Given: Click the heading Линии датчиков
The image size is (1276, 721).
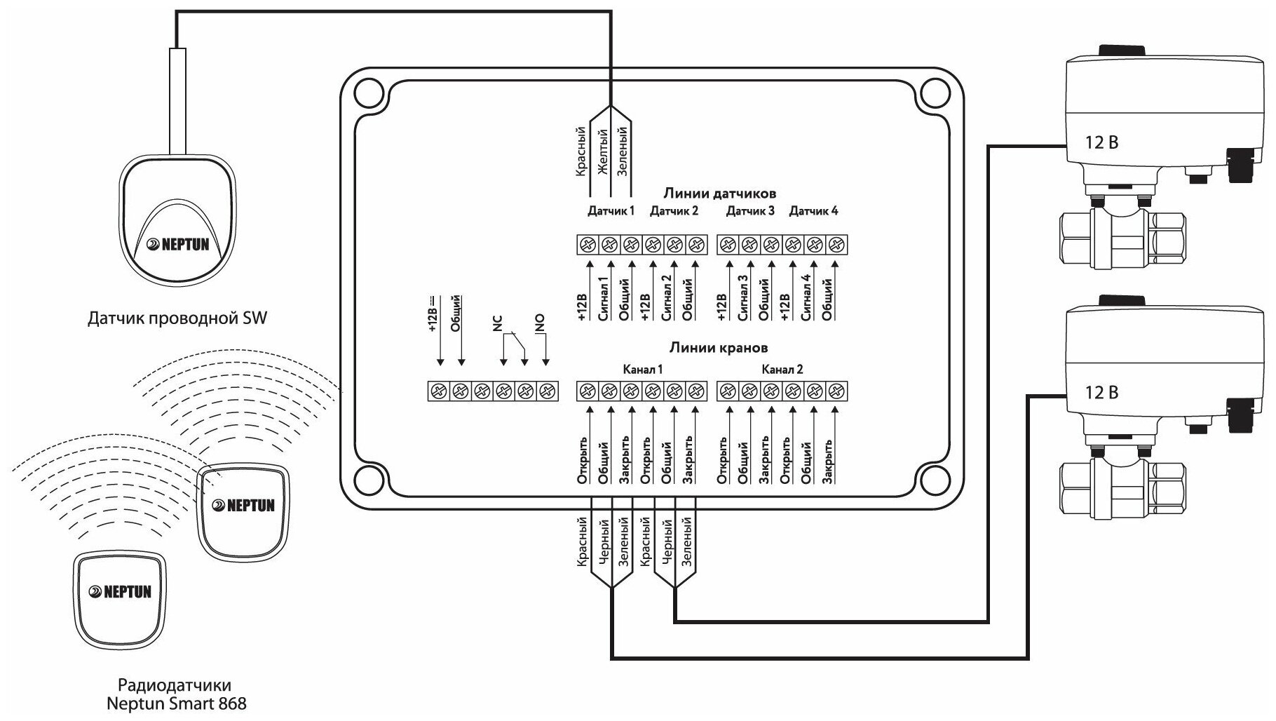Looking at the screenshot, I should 719,193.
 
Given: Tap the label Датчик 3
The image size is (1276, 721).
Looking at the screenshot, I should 749,210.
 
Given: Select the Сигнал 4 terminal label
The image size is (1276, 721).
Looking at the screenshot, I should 806,298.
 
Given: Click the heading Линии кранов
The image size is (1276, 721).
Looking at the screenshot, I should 718,347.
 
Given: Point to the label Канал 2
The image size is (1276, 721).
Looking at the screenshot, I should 782,370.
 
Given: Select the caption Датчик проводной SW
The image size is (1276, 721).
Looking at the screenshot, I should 177,319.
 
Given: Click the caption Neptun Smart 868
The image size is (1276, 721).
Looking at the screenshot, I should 177,702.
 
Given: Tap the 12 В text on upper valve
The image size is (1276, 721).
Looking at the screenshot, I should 1101,142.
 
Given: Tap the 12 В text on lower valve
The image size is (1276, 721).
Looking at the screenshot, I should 1101,393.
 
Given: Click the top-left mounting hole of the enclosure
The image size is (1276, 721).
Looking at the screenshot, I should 366,92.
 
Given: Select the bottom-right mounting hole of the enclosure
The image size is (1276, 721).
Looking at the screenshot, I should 933,478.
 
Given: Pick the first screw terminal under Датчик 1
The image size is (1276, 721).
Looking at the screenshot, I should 588,245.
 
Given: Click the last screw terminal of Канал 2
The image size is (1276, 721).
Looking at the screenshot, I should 835,391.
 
